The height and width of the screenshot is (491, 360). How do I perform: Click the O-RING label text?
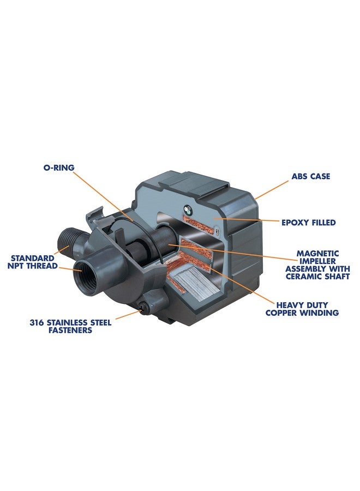[59, 167]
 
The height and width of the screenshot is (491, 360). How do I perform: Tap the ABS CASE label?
[310, 176]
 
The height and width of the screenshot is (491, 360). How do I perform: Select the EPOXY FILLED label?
[308, 223]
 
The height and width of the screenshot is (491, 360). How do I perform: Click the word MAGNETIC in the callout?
[317, 253]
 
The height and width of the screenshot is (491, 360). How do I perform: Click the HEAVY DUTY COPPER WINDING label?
[302, 309]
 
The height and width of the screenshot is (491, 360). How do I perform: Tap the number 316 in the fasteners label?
[37, 322]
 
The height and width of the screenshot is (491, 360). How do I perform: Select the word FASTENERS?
[70, 330]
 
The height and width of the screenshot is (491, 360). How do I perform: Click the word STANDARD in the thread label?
[33, 259]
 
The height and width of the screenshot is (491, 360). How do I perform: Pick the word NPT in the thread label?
[16, 266]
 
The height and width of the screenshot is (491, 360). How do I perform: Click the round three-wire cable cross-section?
[188, 209]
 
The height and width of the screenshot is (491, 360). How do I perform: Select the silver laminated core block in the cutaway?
[190, 280]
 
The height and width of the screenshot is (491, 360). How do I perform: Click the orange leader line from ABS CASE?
[272, 190]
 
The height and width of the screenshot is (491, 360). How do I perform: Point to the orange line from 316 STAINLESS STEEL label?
[128, 315]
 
